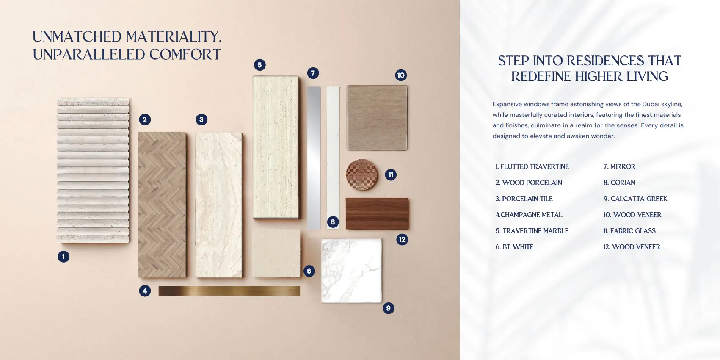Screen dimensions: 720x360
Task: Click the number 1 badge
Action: tap(63, 257)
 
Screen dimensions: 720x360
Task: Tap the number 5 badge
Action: tap(260, 65)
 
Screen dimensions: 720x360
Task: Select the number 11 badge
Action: tap(391, 174)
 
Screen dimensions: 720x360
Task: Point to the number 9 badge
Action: tap(389, 308)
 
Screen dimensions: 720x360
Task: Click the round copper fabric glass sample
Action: tap(361, 174)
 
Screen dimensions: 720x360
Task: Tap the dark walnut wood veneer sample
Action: tap(377, 213)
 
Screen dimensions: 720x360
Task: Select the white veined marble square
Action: tap(352, 271)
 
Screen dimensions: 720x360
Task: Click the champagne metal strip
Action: tap(229, 291)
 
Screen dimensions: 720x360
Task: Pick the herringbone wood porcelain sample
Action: tap(162, 205)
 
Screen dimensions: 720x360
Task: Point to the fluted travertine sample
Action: tap(93, 170)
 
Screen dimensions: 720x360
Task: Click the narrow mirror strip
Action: tap(314, 158)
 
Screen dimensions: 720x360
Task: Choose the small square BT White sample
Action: tap(276, 253)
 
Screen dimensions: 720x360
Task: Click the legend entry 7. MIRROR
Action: tap(619, 166)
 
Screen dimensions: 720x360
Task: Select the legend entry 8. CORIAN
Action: tap(619, 183)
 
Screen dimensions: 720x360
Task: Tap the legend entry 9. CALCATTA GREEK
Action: tap(635, 199)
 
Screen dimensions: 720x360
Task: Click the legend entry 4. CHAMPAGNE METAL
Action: tap(529, 215)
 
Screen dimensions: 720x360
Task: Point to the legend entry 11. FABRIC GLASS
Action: tap(629, 231)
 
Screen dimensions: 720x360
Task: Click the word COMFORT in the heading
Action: tap(185, 54)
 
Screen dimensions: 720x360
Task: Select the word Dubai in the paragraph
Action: tap(651, 104)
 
